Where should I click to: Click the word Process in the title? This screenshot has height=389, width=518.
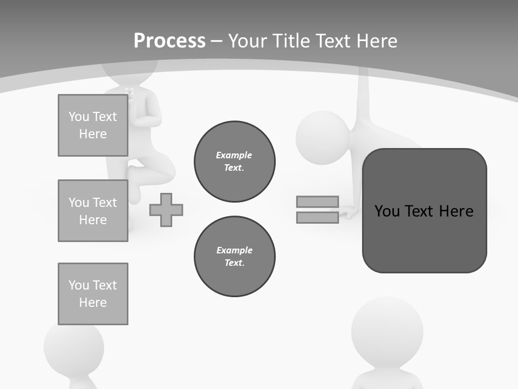169,41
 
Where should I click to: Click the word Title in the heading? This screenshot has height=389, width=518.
290,41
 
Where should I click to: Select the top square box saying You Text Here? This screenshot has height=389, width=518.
93,125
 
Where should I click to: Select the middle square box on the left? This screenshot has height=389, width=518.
93,211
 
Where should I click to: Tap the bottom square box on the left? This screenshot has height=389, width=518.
93,294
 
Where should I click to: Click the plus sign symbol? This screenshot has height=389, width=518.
166,210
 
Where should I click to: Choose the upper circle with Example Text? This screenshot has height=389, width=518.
234,162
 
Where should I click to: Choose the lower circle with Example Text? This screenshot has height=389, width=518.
234,257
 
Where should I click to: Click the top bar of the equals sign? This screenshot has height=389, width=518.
317,202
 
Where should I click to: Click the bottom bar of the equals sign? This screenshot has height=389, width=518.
317,217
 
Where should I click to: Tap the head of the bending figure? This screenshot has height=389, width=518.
322,135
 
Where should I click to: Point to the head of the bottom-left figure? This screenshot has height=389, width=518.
73,346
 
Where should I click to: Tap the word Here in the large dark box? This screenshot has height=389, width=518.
456,211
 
